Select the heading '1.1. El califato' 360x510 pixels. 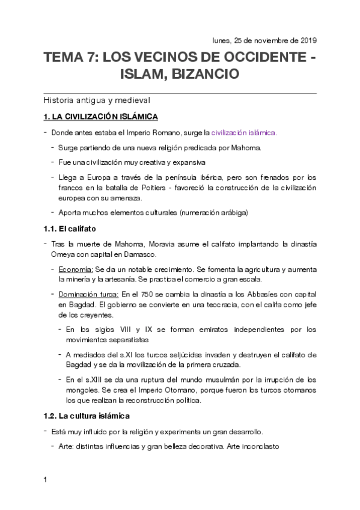pyautogui.click(x=70, y=229)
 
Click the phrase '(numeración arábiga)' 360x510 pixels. pyautogui.click(x=210, y=212)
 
